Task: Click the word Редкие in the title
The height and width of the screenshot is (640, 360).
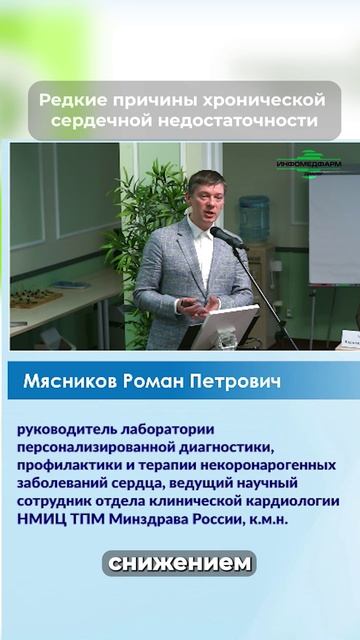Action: (67, 101)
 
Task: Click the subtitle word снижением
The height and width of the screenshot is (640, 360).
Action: (180, 563)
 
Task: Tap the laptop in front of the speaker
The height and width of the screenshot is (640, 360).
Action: (225, 326)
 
